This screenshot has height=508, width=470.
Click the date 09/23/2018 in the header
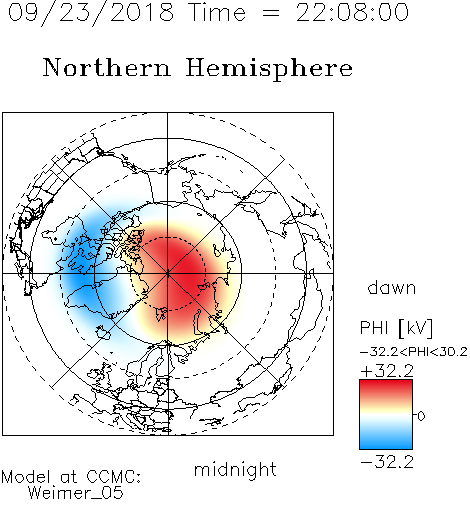tap(91, 13)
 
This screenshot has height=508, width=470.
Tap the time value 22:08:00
tap(352, 12)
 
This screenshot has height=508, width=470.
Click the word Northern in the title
tap(107, 67)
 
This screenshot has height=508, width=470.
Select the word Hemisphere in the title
tap(269, 69)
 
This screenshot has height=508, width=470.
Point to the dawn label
tap(392, 288)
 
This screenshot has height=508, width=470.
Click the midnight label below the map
tap(235, 470)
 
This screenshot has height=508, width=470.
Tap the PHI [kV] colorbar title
tap(396, 328)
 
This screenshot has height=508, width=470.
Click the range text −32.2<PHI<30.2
tap(414, 352)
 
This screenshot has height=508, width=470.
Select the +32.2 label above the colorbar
tap(387, 371)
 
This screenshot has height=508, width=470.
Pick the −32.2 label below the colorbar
tap(387, 462)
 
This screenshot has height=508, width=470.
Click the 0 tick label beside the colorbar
tap(421, 416)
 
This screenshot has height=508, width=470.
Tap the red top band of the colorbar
tap(386, 388)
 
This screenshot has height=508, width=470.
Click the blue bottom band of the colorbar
tap(386, 440)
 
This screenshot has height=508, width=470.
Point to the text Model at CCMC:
tap(71, 477)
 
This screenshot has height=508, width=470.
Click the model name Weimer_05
tap(76, 493)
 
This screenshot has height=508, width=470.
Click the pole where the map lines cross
tap(168, 274)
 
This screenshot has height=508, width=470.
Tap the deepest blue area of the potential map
tap(80, 267)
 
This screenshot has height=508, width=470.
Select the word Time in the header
tap(217, 12)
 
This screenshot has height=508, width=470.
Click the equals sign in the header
tap(271, 13)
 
